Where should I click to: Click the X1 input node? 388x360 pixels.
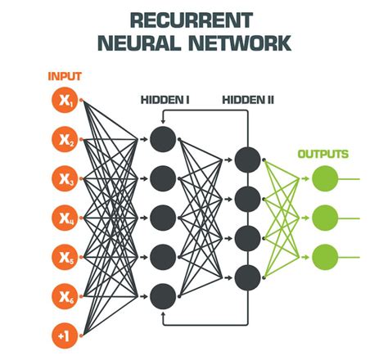tap(65, 101)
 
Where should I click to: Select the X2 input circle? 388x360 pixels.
tap(65, 139)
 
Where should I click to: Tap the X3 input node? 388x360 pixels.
tap(65, 178)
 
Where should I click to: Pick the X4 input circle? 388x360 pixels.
tap(65, 218)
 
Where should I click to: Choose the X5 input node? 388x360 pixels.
tap(65, 257)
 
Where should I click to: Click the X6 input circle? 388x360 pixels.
tap(65, 296)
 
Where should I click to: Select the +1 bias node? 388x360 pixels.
tap(65, 335)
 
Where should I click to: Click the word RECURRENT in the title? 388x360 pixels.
tap(192, 20)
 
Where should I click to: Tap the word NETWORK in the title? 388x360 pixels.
tap(240, 43)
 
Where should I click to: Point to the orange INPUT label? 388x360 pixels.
tap(65, 76)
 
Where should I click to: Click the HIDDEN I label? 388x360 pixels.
tap(165, 100)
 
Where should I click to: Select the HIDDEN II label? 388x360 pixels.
tap(248, 100)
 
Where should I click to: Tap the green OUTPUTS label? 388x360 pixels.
tap(323, 154)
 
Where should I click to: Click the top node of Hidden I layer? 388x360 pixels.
tap(163, 139)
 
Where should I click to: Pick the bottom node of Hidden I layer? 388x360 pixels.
tap(163, 296)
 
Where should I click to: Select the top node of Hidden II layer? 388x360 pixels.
tap(247, 160)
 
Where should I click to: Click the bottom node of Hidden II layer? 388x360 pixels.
tap(247, 277)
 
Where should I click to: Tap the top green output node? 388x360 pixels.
tap(325, 178)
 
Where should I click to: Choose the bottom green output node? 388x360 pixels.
tap(325, 257)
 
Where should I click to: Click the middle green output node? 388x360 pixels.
tap(325, 218)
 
